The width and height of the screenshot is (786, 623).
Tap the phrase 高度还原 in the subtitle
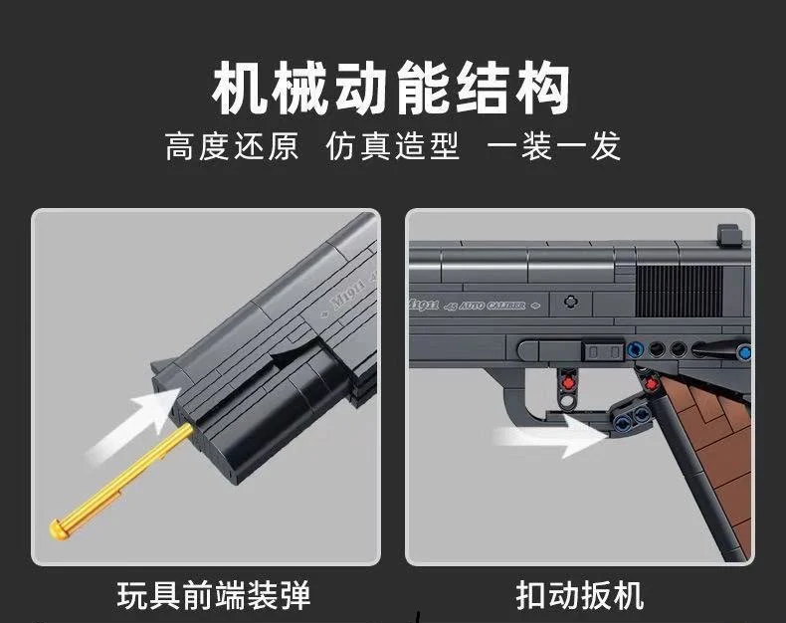pos(231,146)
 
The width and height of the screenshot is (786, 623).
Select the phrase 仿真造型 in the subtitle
pos(393,146)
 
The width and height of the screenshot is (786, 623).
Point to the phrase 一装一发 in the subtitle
pos(554,146)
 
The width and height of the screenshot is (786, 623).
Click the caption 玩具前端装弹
pos(214,595)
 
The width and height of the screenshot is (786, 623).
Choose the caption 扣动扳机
pos(580,595)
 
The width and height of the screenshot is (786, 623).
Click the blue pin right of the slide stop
pos(635,350)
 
